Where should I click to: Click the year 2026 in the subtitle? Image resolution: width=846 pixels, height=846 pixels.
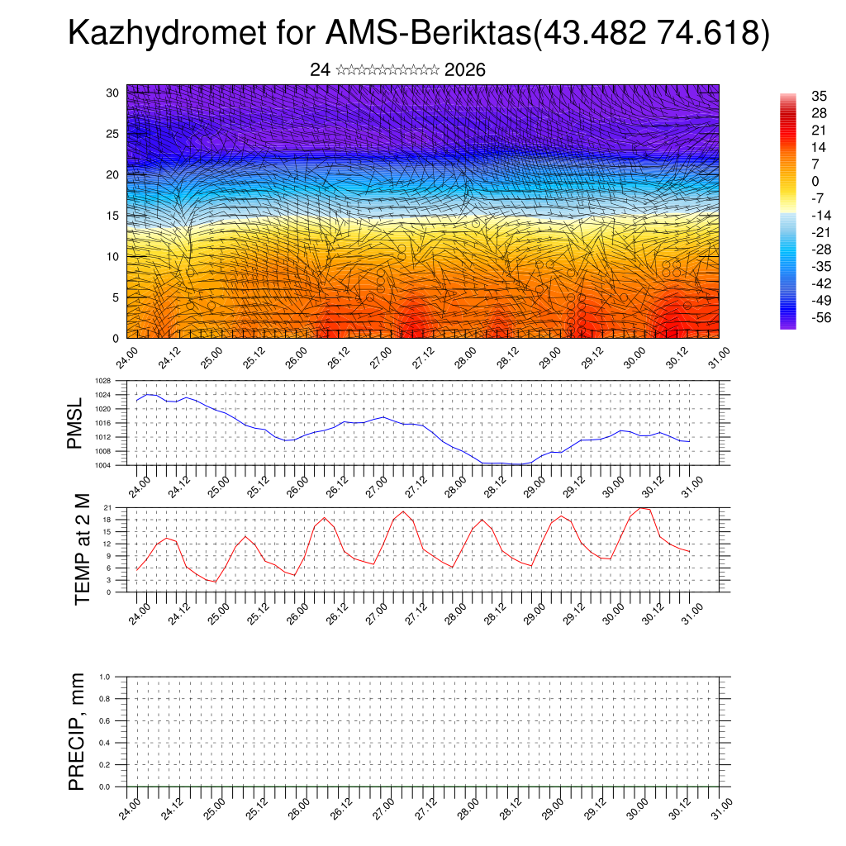point(465,70)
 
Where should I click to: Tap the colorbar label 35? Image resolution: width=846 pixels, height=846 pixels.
point(796,96)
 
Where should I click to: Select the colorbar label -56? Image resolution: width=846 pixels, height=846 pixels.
point(799,317)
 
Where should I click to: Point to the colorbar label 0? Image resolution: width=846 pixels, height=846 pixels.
point(792,181)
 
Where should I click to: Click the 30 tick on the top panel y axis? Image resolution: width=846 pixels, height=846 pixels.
point(112,93)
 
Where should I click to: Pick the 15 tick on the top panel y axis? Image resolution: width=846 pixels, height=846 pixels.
point(112,216)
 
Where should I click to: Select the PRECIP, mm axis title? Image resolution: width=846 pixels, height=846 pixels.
point(77,731)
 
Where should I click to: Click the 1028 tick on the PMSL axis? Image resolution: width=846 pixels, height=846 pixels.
point(102,381)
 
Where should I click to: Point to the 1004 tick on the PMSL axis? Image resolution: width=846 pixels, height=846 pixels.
point(102,465)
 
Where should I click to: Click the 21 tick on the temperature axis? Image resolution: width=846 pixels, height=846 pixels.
point(108,507)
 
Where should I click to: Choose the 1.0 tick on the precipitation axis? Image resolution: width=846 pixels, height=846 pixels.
point(105,677)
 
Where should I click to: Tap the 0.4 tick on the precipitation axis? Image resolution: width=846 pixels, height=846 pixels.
point(105,743)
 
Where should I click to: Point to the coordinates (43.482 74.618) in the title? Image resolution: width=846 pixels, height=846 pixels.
point(653,34)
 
